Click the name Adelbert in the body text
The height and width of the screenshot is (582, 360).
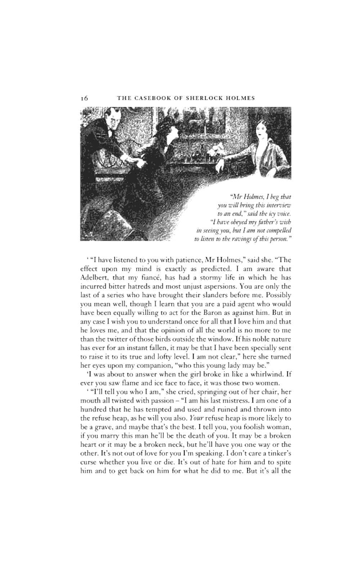pos(94,277)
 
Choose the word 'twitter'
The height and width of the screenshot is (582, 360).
pos(110,339)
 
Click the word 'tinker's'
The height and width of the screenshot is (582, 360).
pos(276,453)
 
